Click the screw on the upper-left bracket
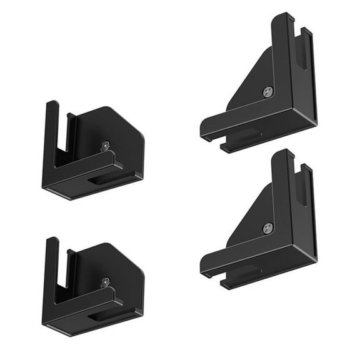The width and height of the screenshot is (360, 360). pyautogui.click(x=104, y=146)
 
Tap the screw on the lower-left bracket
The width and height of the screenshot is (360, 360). pyautogui.click(x=104, y=282)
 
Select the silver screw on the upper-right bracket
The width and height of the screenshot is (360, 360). pyautogui.click(x=267, y=92)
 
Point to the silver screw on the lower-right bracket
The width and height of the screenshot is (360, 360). pyautogui.click(x=267, y=227)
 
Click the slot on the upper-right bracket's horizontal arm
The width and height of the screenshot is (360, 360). pyautogui.click(x=244, y=136)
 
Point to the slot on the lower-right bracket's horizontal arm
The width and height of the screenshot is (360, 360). pyautogui.click(x=244, y=271)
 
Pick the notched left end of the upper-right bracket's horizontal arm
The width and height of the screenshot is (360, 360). pyautogui.click(x=207, y=131)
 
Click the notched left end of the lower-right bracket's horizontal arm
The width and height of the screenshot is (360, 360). pyautogui.click(x=207, y=267)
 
